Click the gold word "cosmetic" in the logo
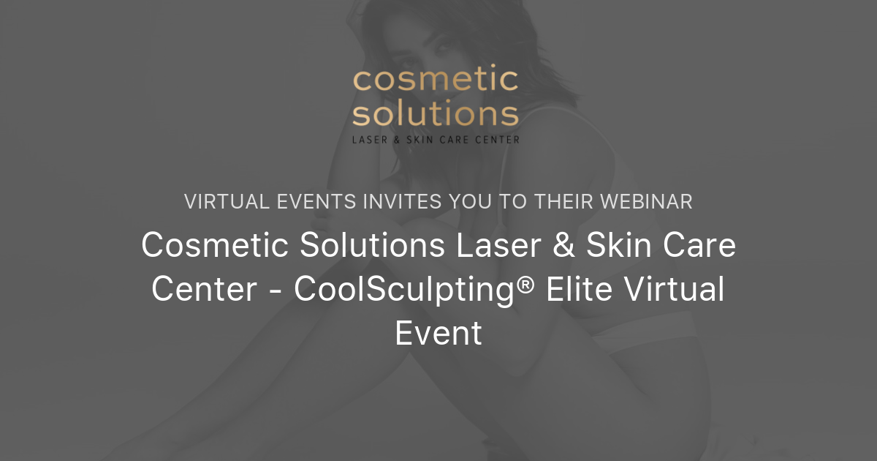(x=436, y=81)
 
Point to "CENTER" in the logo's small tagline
(x=501, y=139)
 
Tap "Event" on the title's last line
(x=438, y=333)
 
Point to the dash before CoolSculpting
(x=275, y=291)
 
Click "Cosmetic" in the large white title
(x=213, y=246)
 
